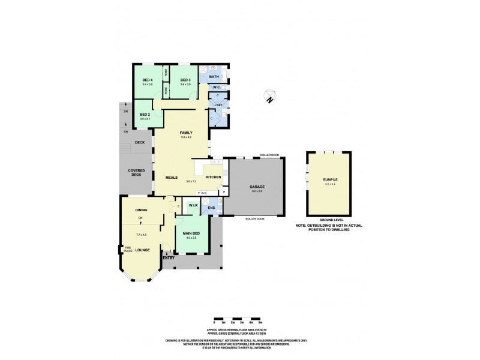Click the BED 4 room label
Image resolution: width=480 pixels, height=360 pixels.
147,80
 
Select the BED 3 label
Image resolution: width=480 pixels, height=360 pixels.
185,80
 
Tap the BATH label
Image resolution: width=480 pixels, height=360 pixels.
213,77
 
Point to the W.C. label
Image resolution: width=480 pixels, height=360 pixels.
216,88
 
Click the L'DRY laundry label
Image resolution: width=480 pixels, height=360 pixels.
218,106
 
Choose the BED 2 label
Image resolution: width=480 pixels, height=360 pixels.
145,114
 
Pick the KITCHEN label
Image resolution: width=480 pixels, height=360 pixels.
214,178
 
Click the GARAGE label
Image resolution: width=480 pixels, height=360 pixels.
257,187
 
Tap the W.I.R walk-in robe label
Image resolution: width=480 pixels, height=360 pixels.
193,205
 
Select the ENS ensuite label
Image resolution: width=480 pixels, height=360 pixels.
211,208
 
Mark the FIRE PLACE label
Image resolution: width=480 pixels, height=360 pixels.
128,250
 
